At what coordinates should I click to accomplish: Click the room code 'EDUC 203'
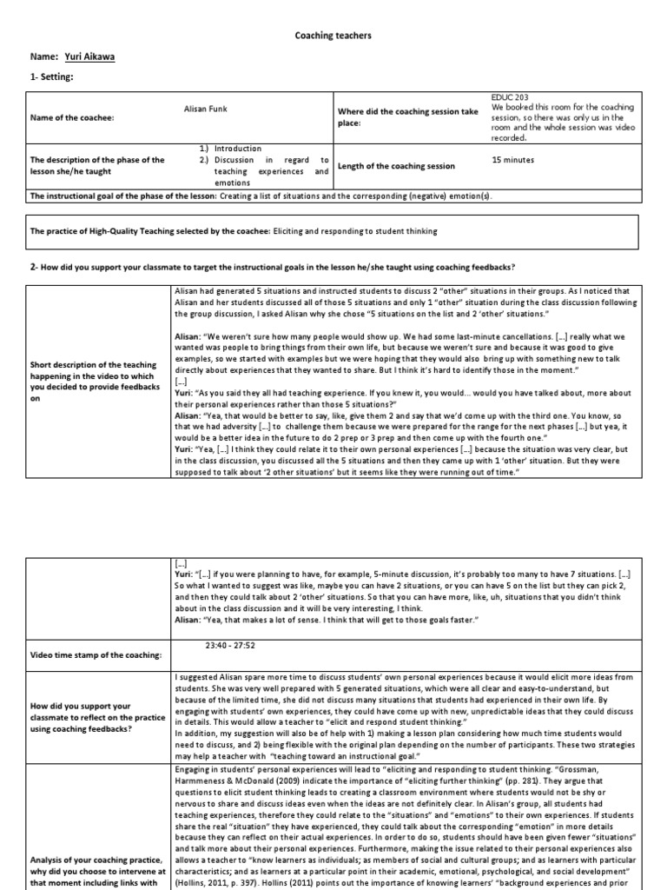pos(508,98)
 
